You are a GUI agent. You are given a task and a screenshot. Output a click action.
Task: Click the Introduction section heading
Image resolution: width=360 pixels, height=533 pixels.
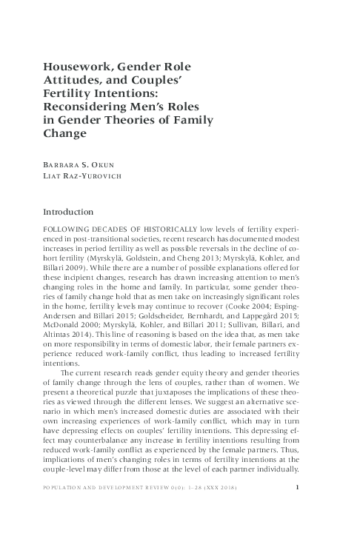point(73,212)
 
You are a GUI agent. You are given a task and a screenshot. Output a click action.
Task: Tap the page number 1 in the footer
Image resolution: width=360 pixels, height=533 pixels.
point(297,509)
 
